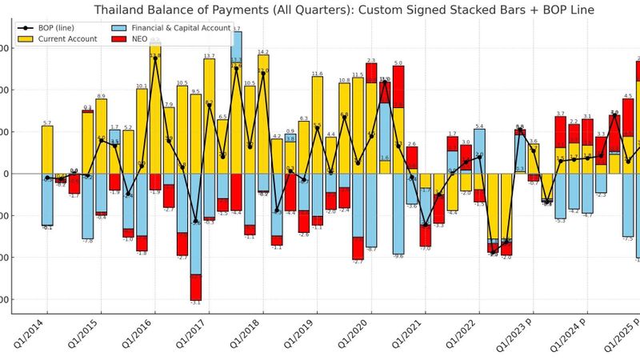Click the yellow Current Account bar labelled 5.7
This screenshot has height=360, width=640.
[47, 150]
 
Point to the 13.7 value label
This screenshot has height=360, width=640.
[209, 56]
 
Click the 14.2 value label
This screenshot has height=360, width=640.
[263, 52]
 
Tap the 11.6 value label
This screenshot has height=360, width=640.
[317, 74]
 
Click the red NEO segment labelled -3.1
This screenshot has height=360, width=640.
[195, 287]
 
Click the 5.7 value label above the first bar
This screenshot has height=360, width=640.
[47, 123]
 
